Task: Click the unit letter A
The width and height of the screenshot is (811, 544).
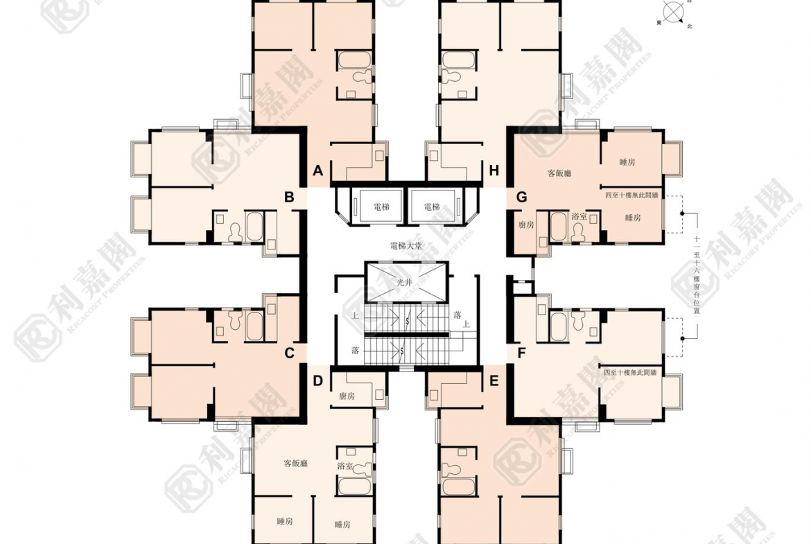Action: pyautogui.click(x=318, y=170)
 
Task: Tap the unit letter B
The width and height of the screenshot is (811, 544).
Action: pyautogui.click(x=289, y=198)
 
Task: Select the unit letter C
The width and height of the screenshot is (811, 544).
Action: pyautogui.click(x=290, y=353)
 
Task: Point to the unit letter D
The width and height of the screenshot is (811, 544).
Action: pyautogui.click(x=317, y=380)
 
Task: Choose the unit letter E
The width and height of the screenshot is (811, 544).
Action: pyautogui.click(x=494, y=380)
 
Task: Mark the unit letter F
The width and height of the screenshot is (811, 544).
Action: pyautogui.click(x=521, y=353)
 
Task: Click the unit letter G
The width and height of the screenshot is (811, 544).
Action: pyautogui.click(x=521, y=198)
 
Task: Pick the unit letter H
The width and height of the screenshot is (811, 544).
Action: pyautogui.click(x=494, y=170)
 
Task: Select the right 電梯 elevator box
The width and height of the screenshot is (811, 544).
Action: pyautogui.click(x=432, y=206)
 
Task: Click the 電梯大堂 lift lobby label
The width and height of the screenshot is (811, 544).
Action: pyautogui.click(x=405, y=245)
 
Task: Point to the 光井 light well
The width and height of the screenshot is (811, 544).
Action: pyautogui.click(x=404, y=283)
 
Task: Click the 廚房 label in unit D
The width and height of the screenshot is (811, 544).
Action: pyautogui.click(x=347, y=396)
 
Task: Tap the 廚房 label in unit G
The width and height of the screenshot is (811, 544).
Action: pyautogui.click(x=526, y=225)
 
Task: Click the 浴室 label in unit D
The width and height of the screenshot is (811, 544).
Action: pyautogui.click(x=345, y=466)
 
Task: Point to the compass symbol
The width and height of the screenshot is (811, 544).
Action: pyautogui.click(x=672, y=12)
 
